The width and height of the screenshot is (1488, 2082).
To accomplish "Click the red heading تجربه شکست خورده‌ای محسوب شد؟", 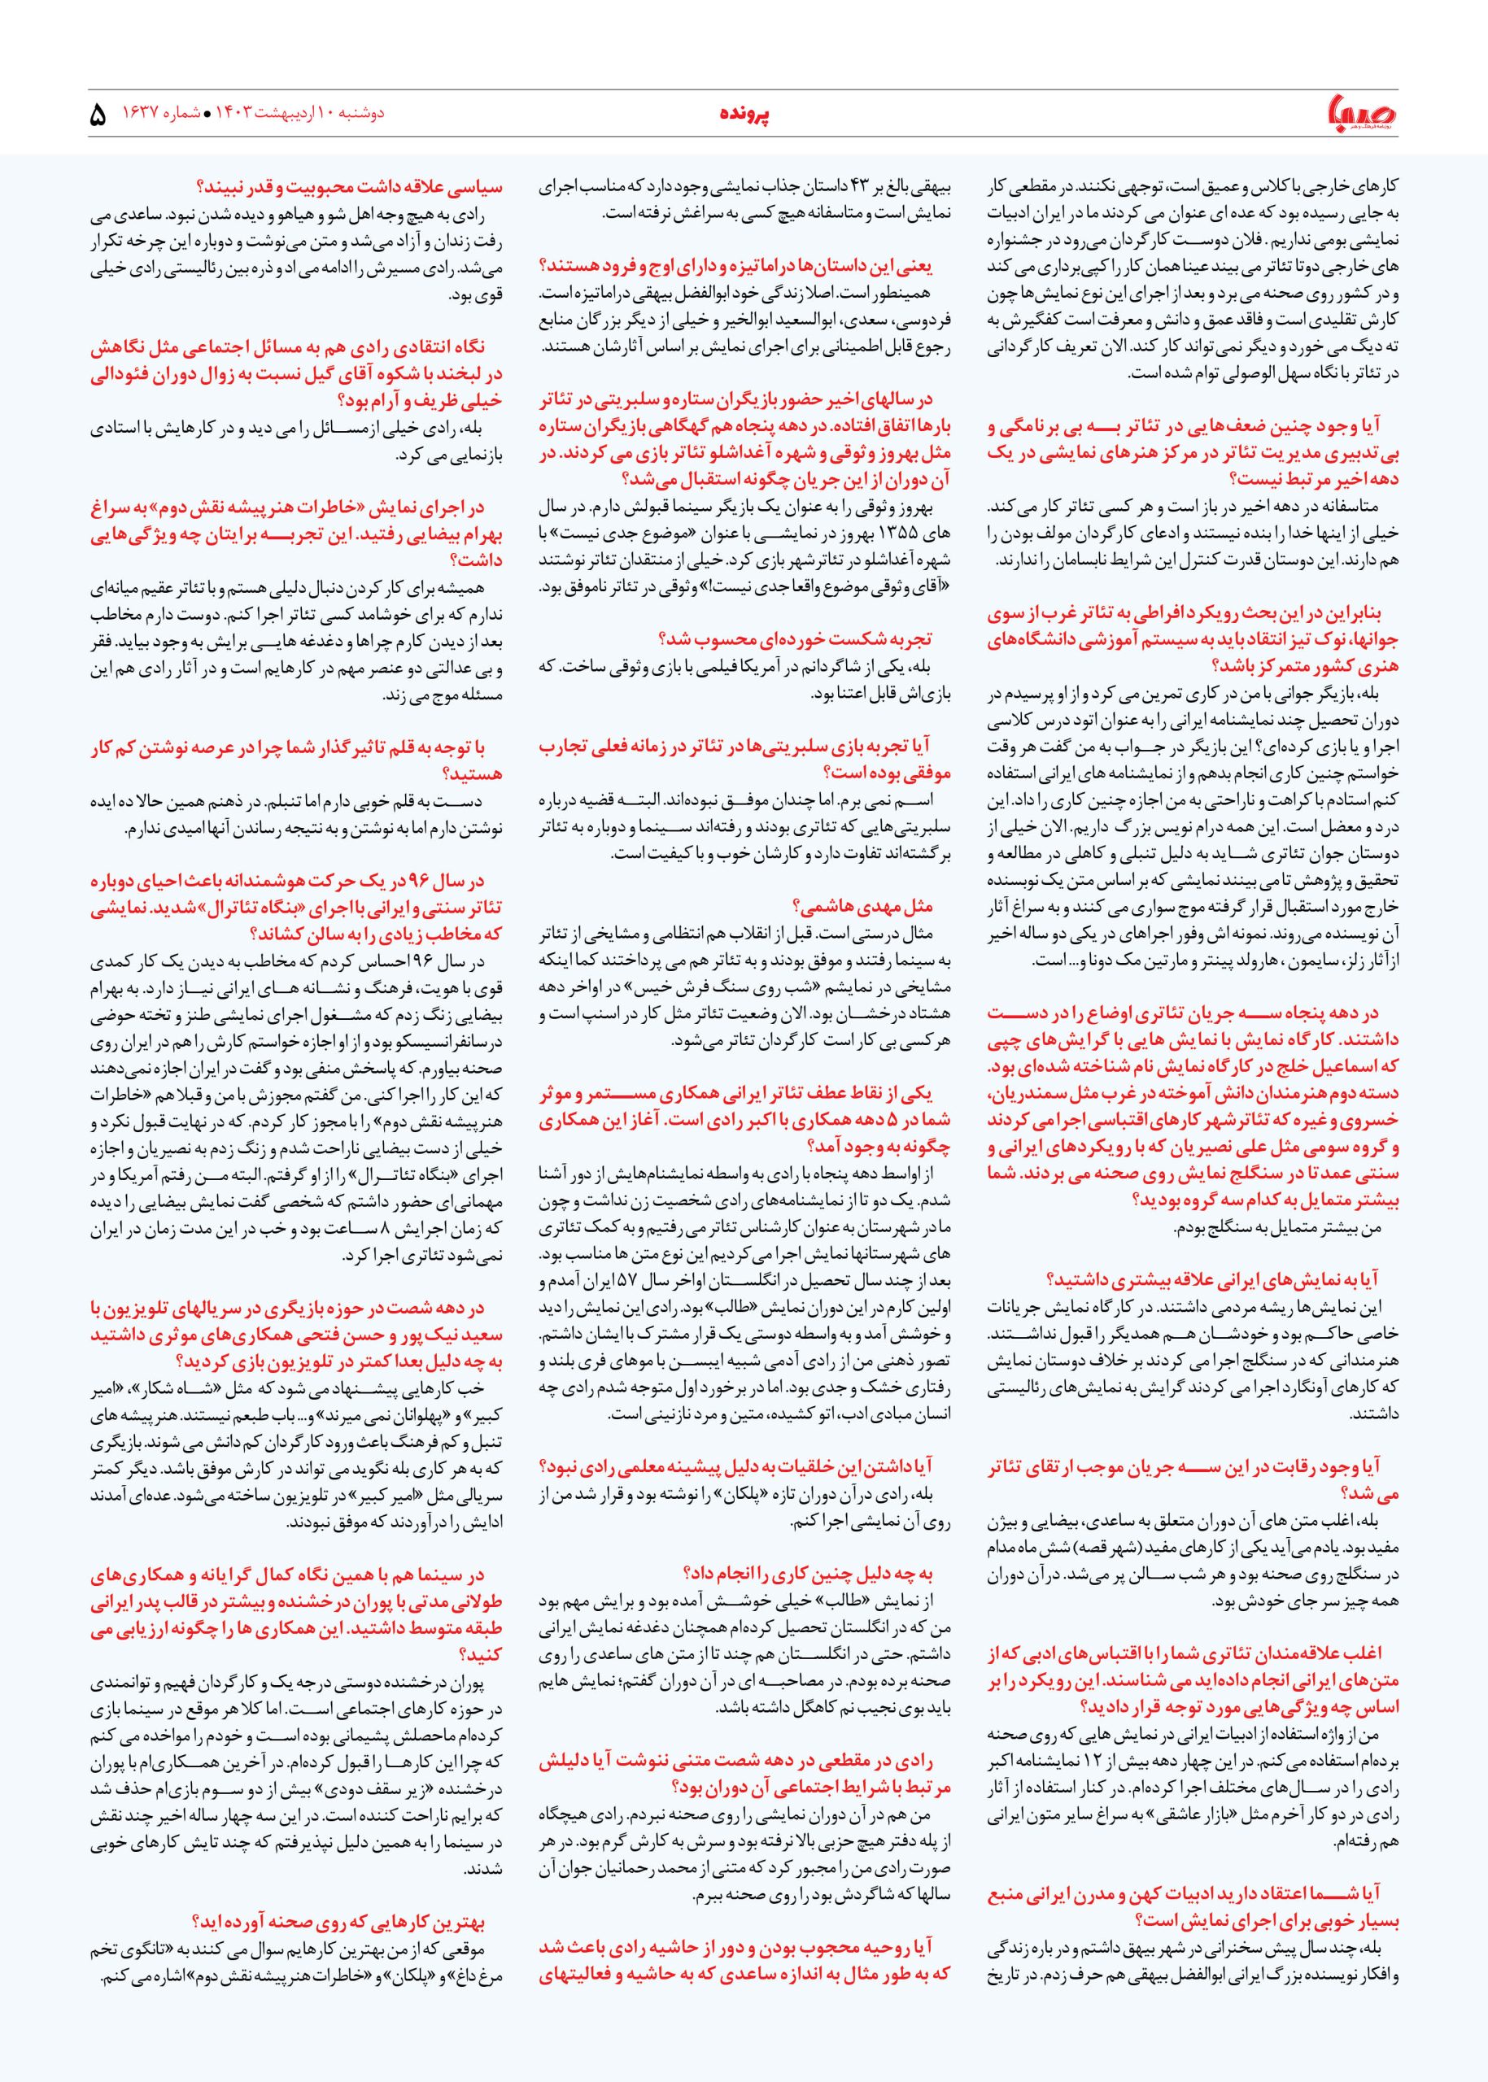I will point(796,639).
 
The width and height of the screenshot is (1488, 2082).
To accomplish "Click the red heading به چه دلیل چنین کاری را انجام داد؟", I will point(807,1574).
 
